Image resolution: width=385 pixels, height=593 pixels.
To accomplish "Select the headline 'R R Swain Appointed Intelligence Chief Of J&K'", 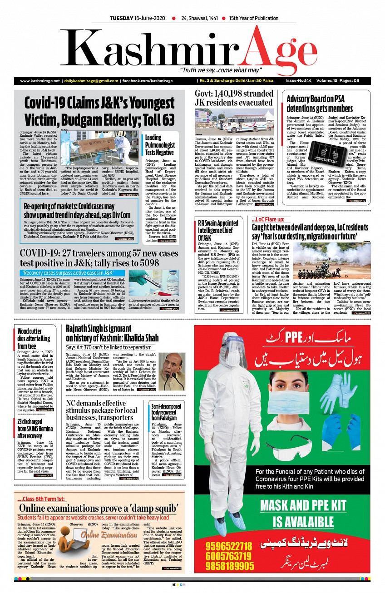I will click(x=218, y=230).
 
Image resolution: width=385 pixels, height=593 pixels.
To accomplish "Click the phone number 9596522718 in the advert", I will click(x=228, y=545).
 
